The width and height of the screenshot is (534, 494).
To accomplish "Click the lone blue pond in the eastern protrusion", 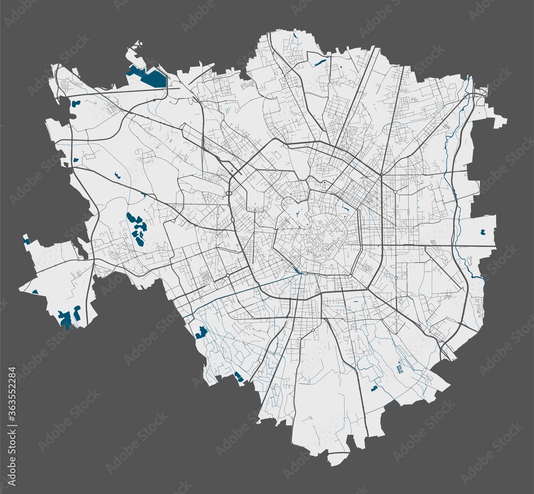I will pyautogui.click(x=483, y=232).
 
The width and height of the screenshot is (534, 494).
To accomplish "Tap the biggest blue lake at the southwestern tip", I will pyautogui.click(x=66, y=319).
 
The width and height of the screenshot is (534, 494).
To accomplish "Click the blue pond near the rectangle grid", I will pyautogui.click(x=374, y=388).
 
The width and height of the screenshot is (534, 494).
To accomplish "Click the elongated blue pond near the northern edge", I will pyautogui.click(x=320, y=62).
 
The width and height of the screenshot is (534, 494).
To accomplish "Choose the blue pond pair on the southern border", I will pyautogui.click(x=238, y=377).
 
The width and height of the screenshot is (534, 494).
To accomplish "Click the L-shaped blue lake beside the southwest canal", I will pyautogui.click(x=201, y=333).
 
